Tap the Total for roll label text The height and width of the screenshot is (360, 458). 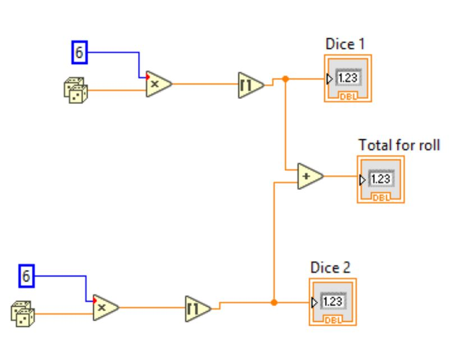click(399, 145)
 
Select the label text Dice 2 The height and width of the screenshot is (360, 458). click(332, 267)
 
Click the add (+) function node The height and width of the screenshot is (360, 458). click(309, 176)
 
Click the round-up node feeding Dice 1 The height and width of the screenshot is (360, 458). click(250, 84)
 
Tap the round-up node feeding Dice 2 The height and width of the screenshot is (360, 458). click(197, 308)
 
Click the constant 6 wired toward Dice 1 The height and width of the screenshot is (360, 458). click(79, 53)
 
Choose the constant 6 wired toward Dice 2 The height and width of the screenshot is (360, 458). click(25, 276)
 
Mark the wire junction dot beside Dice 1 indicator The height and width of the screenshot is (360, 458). click(286, 79)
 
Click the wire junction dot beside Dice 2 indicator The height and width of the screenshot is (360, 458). click(273, 303)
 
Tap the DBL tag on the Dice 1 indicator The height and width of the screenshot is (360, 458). click(347, 97)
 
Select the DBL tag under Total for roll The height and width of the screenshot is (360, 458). click(381, 197)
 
